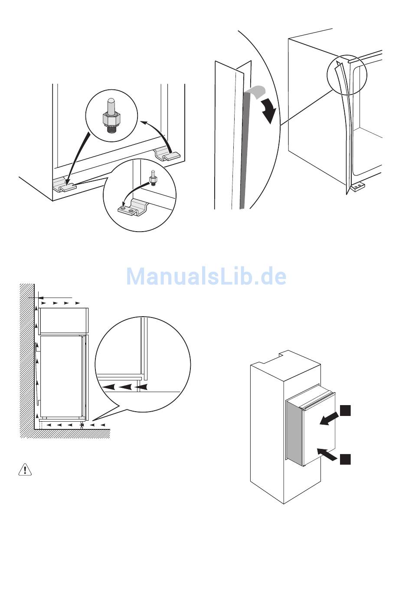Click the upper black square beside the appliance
tap(345, 410)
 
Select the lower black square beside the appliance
tap(345, 459)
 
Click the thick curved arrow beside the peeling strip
tap(269, 110)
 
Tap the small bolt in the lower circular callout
tap(153, 178)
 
